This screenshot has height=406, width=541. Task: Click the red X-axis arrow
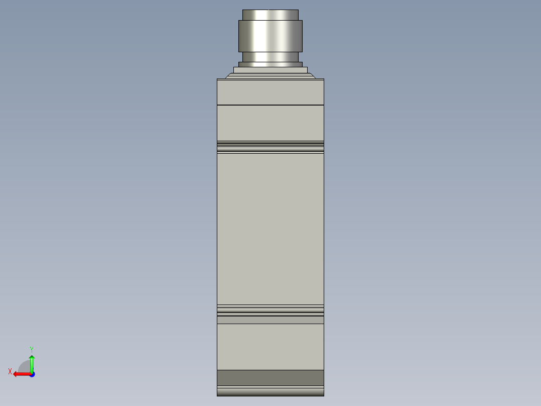20,374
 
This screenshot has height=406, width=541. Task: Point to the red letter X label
10,371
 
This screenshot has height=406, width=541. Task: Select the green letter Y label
31,349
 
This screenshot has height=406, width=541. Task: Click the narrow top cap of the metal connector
270,15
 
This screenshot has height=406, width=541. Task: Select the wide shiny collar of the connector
270,36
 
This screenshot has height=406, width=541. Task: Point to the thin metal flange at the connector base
270,64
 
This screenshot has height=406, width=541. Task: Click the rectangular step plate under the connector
270,70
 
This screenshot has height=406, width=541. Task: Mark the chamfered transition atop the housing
270,76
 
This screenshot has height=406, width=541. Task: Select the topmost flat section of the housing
270,91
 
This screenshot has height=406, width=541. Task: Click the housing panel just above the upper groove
270,123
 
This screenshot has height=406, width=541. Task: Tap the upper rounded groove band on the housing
270,147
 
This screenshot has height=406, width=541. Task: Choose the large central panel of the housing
270,229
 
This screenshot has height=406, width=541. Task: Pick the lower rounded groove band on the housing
270,310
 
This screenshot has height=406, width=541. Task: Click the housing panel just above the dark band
270,347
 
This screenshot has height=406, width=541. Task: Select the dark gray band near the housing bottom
270,377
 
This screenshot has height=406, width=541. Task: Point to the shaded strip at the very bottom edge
270,391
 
